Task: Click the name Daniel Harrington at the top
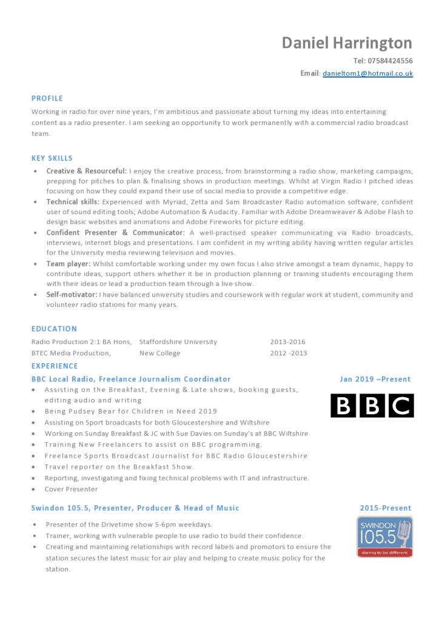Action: click(x=347, y=43)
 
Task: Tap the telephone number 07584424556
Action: click(x=383, y=61)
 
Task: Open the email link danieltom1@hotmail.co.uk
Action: click(x=367, y=73)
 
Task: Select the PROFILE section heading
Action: click(x=47, y=98)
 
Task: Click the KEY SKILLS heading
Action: click(x=52, y=158)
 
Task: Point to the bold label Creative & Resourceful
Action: click(x=87, y=171)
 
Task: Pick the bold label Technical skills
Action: click(x=73, y=201)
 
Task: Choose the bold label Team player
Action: click(x=69, y=264)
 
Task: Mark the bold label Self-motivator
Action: click(x=72, y=295)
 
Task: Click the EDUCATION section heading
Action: click(x=54, y=329)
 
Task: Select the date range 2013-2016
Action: click(x=288, y=342)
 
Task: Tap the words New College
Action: click(x=159, y=353)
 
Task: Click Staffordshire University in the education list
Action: click(x=178, y=342)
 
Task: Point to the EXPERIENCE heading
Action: click(x=55, y=366)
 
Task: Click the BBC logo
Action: click(x=372, y=406)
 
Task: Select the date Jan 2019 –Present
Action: click(x=375, y=380)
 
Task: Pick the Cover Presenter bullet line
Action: click(x=71, y=489)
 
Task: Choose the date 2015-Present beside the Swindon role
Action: click(x=386, y=508)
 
